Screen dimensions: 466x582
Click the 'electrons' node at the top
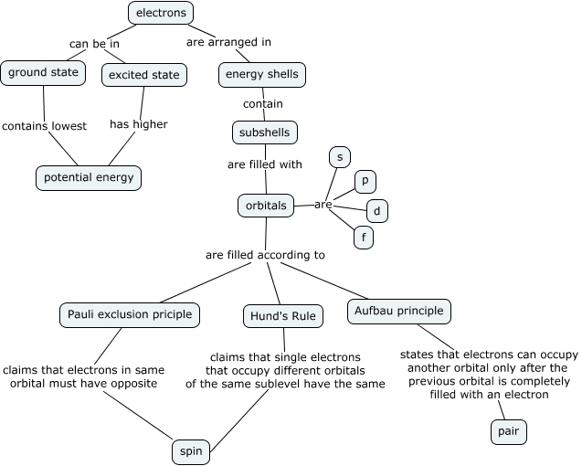pyautogui.click(x=161, y=13)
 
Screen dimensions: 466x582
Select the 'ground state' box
pyautogui.click(x=43, y=72)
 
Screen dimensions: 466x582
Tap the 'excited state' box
pyautogui.click(x=144, y=74)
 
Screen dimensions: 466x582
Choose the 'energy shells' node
pyautogui.click(x=261, y=74)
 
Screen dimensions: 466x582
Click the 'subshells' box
pyautogui.click(x=265, y=132)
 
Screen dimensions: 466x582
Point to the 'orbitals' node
pyautogui.click(x=266, y=206)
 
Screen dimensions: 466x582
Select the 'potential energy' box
pyautogui.click(x=89, y=177)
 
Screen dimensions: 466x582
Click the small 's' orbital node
pyautogui.click(x=339, y=158)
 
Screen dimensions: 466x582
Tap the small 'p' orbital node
pyautogui.click(x=365, y=182)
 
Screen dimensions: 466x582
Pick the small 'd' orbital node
pyautogui.click(x=376, y=211)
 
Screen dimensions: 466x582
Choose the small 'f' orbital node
pyautogui.click(x=364, y=238)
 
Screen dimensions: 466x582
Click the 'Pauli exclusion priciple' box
pyautogui.click(x=130, y=315)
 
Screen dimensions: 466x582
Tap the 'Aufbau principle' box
pyautogui.click(x=398, y=312)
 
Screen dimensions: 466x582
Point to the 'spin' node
pyautogui.click(x=191, y=451)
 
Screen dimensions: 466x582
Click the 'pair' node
pyautogui.click(x=509, y=432)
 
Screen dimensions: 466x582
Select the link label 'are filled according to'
pyautogui.click(x=265, y=255)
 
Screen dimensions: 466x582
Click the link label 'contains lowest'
pyautogui.click(x=44, y=126)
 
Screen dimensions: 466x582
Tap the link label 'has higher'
pyautogui.click(x=139, y=124)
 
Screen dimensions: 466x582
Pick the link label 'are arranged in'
pyautogui.click(x=228, y=42)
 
